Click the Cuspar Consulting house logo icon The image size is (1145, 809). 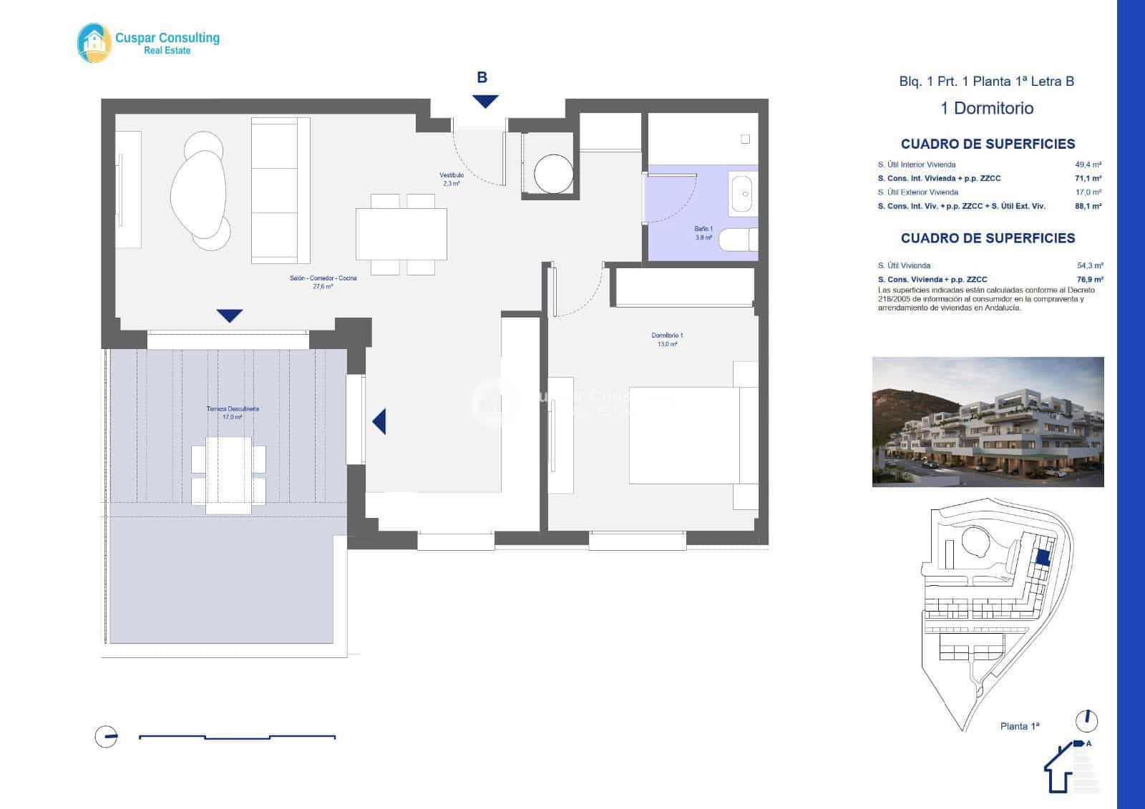tap(94, 43)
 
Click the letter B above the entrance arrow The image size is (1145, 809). tap(482, 77)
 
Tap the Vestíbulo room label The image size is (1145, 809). tap(452, 179)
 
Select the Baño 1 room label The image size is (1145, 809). tap(703, 232)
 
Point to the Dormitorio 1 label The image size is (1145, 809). tap(667, 339)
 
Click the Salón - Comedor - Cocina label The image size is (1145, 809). tap(323, 282)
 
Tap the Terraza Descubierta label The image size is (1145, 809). tap(233, 413)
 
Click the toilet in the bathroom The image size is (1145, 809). tap(738, 240)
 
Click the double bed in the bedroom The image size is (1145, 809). tap(692, 436)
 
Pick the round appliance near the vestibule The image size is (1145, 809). tap(553, 173)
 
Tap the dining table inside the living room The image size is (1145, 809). tap(401, 234)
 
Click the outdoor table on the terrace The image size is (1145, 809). tap(228, 475)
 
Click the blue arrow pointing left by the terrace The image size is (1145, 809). tap(379, 421)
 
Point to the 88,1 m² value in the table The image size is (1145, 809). tap(1088, 206)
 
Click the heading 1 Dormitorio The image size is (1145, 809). tap(987, 109)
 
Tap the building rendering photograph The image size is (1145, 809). tap(988, 422)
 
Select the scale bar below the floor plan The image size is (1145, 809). tap(237, 737)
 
